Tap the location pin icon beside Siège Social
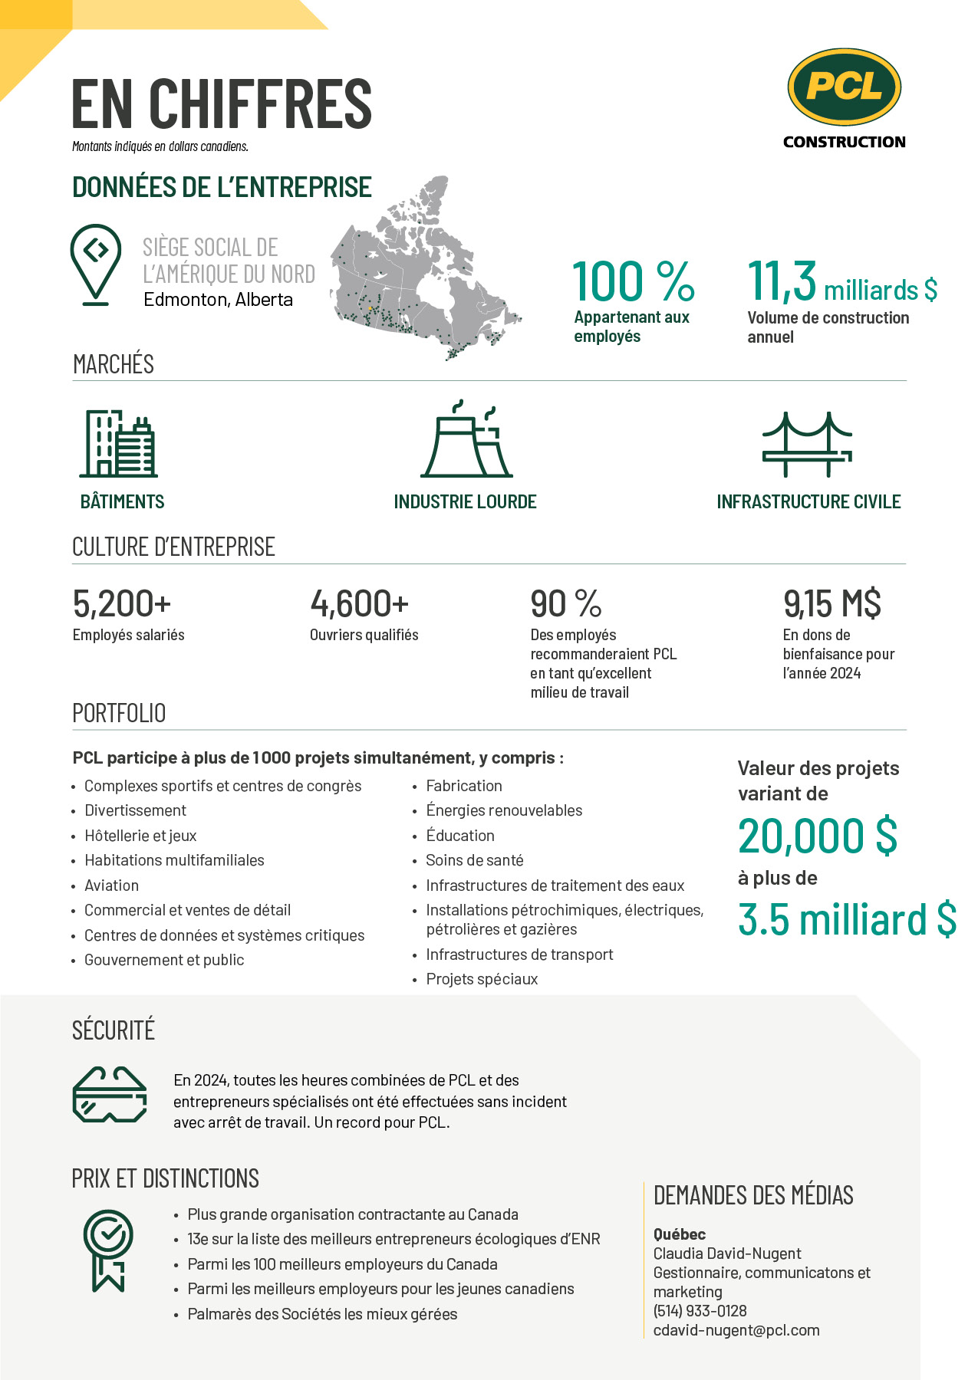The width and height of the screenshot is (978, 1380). (95, 264)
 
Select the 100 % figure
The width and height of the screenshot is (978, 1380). (633, 281)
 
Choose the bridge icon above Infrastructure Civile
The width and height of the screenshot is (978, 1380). (807, 444)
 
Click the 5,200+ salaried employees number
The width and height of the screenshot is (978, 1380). (122, 604)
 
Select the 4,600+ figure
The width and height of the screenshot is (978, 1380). (359, 604)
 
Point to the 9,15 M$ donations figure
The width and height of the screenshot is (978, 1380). (831, 604)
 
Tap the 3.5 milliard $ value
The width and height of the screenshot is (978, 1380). (847, 919)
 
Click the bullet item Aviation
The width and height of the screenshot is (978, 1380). (112, 886)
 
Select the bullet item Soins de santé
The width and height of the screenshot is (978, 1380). (475, 860)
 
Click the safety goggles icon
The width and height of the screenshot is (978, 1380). (110, 1095)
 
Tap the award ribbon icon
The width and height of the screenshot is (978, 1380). (108, 1250)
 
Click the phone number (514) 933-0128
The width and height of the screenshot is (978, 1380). (700, 1311)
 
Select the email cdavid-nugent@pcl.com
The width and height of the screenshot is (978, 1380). (736, 1330)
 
